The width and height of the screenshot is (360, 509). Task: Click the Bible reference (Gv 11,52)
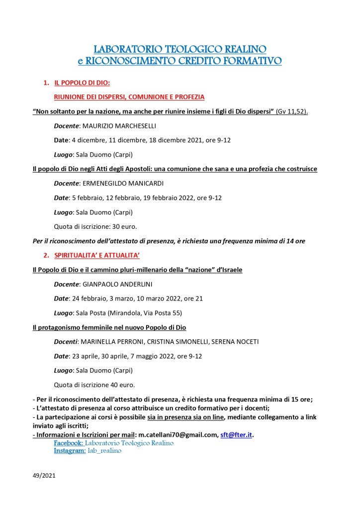(292, 111)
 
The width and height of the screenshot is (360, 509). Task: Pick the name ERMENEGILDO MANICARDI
(125, 183)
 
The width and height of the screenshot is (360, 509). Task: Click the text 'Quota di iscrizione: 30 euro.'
(95, 226)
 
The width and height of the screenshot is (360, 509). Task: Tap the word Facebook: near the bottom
(68, 443)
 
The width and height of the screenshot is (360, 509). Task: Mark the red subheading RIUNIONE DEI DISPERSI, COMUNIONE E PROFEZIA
(129, 97)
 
